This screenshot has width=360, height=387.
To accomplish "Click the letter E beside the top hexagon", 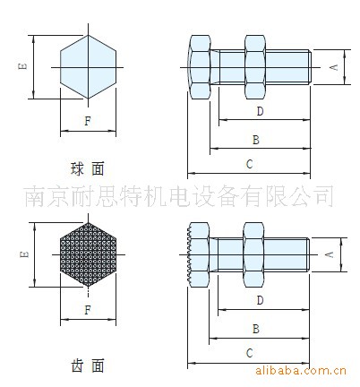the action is tap(22, 65).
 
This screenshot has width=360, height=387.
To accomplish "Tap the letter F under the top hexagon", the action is tap(88, 121).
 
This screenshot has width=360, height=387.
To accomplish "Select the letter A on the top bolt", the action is tap(334, 67).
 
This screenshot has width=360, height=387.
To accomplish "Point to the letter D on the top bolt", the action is tap(261, 111).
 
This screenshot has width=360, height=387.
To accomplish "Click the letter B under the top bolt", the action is tap(256, 140).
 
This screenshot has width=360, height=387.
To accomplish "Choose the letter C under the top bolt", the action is tap(249, 164).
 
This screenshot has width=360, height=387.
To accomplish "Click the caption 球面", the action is tap(88, 168).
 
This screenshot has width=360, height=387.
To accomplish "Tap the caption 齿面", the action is tap(88, 365).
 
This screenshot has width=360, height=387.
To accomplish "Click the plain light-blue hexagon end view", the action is tap(88, 67).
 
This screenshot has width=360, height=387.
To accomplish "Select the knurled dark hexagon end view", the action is tap(88, 254).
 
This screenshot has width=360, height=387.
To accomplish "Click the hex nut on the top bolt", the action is tap(255, 67).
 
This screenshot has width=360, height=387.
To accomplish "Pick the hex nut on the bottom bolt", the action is tap(253, 254).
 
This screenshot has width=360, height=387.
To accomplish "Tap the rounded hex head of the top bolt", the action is tap(199, 67).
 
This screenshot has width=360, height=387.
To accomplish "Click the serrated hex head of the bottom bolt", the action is tap(198, 254).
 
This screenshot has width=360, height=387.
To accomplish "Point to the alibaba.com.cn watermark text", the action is tap(301, 371).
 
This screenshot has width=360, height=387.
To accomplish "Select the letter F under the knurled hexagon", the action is tap(88, 310).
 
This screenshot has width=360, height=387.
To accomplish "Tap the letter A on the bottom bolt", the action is tap(330, 254).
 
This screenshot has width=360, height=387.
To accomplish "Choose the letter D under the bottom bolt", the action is tap(260, 300).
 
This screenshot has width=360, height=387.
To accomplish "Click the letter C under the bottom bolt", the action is tap(249, 353).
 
